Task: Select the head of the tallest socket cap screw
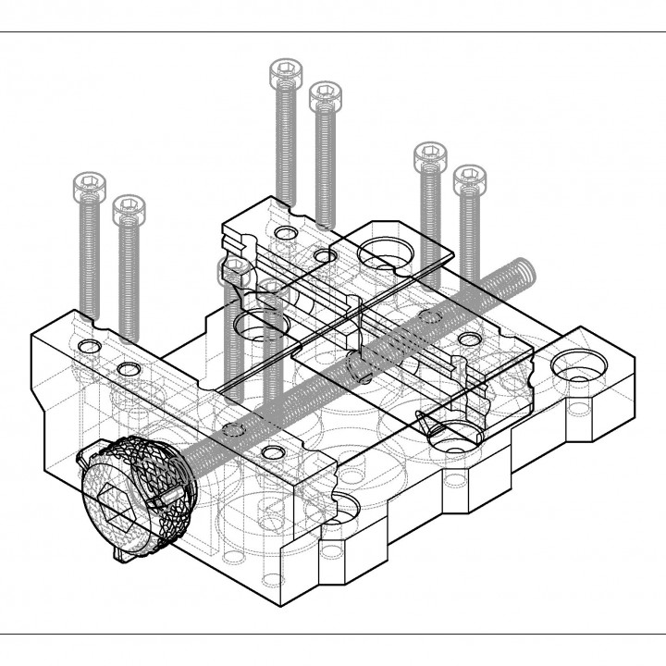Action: pyautogui.click(x=285, y=73)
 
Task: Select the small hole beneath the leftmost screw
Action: pyautogui.click(x=89, y=346)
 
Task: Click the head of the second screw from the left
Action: pyautogui.click(x=129, y=208)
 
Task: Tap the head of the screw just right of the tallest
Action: pyautogui.click(x=326, y=96)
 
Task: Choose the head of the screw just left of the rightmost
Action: pyautogui.click(x=429, y=156)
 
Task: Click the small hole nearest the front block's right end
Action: pyautogui.click(x=273, y=450)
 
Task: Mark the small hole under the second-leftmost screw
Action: pyautogui.click(x=129, y=370)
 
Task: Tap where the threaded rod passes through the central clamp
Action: pyautogui.click(x=359, y=363)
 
